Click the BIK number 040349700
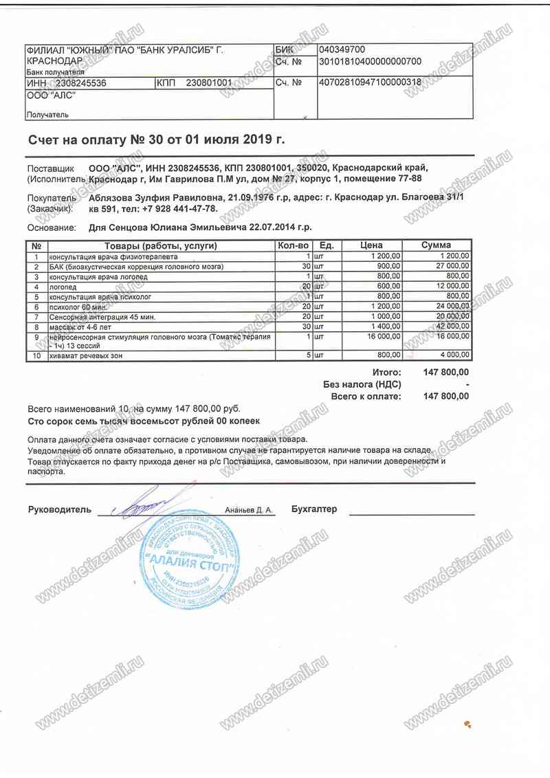point(342,49)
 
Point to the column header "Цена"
point(371,245)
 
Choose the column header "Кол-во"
point(294,245)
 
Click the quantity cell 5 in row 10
point(309,356)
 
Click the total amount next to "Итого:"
point(446,372)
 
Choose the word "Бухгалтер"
point(314,510)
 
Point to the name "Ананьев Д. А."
point(249,511)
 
